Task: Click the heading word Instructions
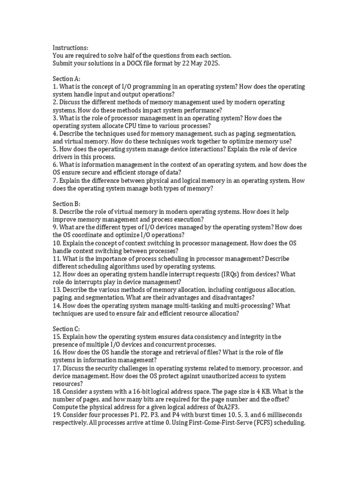pyautogui.click(x=70, y=48)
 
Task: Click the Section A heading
pyautogui.click(x=67, y=79)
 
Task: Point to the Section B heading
pyautogui.click(x=67, y=204)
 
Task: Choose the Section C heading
pyautogui.click(x=67, y=329)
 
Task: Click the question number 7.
pyautogui.click(x=54, y=180)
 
